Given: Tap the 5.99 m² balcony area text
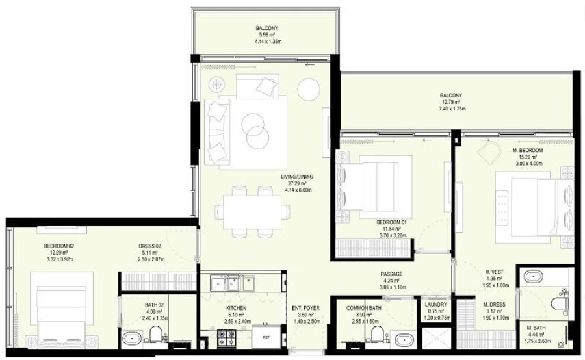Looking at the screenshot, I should point(266,35).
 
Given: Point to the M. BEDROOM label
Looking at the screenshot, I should point(526,150).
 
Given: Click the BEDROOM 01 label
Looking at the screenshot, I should point(391,222).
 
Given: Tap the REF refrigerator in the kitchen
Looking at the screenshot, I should point(266,337).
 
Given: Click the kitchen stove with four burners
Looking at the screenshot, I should point(226,337).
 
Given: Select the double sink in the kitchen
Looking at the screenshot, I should point(233,283).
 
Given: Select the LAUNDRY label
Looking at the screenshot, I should point(434,304).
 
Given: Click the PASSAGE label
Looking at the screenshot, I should point(391,274).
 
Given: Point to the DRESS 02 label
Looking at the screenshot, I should point(149,246).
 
